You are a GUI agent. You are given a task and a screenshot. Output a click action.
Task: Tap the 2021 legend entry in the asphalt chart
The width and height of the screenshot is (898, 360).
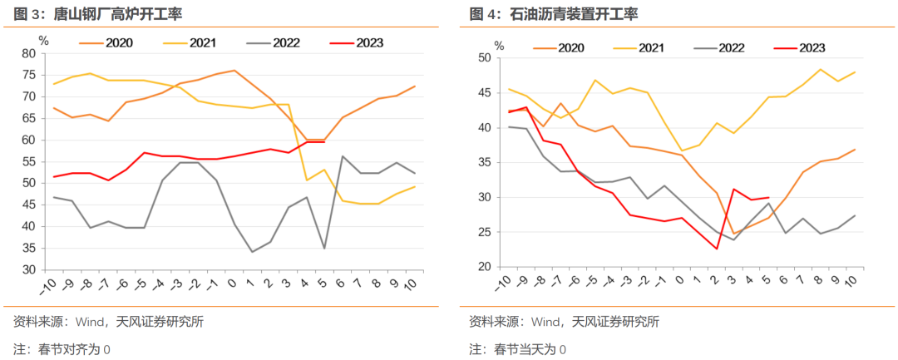(x=650, y=47)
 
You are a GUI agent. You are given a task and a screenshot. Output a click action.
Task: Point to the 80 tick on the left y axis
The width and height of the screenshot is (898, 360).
(x=30, y=53)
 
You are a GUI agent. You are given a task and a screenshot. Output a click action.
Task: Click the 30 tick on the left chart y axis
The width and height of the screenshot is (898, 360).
(x=30, y=269)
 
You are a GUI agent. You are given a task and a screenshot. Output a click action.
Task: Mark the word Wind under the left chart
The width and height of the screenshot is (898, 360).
(x=90, y=322)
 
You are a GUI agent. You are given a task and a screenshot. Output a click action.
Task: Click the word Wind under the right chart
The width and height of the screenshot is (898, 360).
(x=545, y=322)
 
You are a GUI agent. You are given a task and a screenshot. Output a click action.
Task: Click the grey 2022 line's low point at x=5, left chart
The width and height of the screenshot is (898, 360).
(x=324, y=248)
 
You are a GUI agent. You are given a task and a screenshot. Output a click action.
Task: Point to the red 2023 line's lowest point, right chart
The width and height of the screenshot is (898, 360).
(x=717, y=249)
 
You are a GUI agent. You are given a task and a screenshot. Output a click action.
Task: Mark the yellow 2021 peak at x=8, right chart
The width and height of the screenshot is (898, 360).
(x=821, y=69)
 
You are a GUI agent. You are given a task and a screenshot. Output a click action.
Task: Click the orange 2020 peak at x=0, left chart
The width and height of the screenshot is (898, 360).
(x=234, y=71)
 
